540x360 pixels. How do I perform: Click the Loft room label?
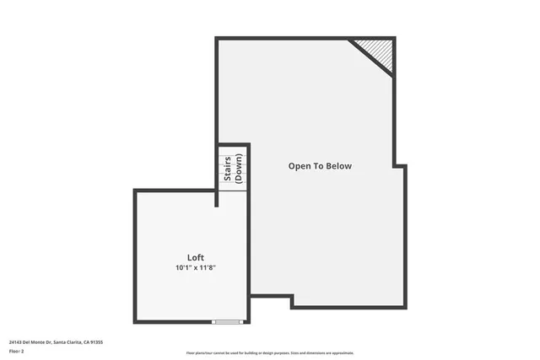pos(195,257)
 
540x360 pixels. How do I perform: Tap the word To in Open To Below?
pos(320,166)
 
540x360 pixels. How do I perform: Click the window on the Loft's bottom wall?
pos(227,322)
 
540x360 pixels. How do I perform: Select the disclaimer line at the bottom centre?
pos(269,352)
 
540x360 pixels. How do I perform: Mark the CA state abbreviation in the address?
pos(85,341)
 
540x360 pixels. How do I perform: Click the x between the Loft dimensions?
pos(197,268)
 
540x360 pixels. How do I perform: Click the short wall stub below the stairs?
pos(217,198)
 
